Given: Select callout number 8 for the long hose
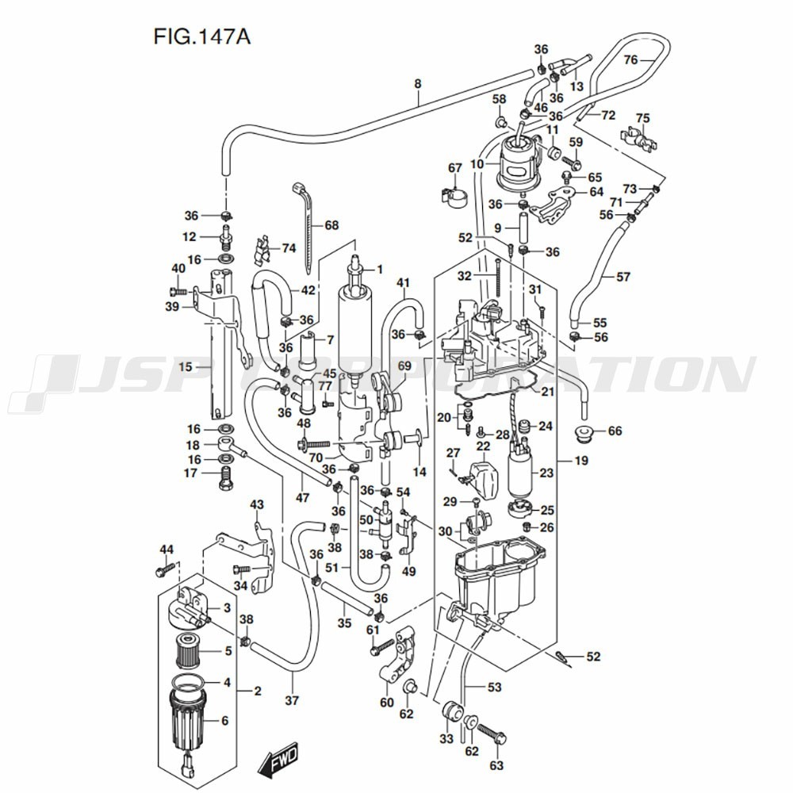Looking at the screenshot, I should click(418, 83).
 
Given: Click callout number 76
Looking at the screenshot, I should click(630, 60).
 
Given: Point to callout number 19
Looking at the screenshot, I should click(581, 460).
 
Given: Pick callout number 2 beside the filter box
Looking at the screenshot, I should click(257, 691).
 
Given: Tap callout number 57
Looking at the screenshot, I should click(623, 277).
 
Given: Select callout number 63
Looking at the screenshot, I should click(497, 766).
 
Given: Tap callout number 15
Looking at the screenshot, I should click(185, 366).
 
